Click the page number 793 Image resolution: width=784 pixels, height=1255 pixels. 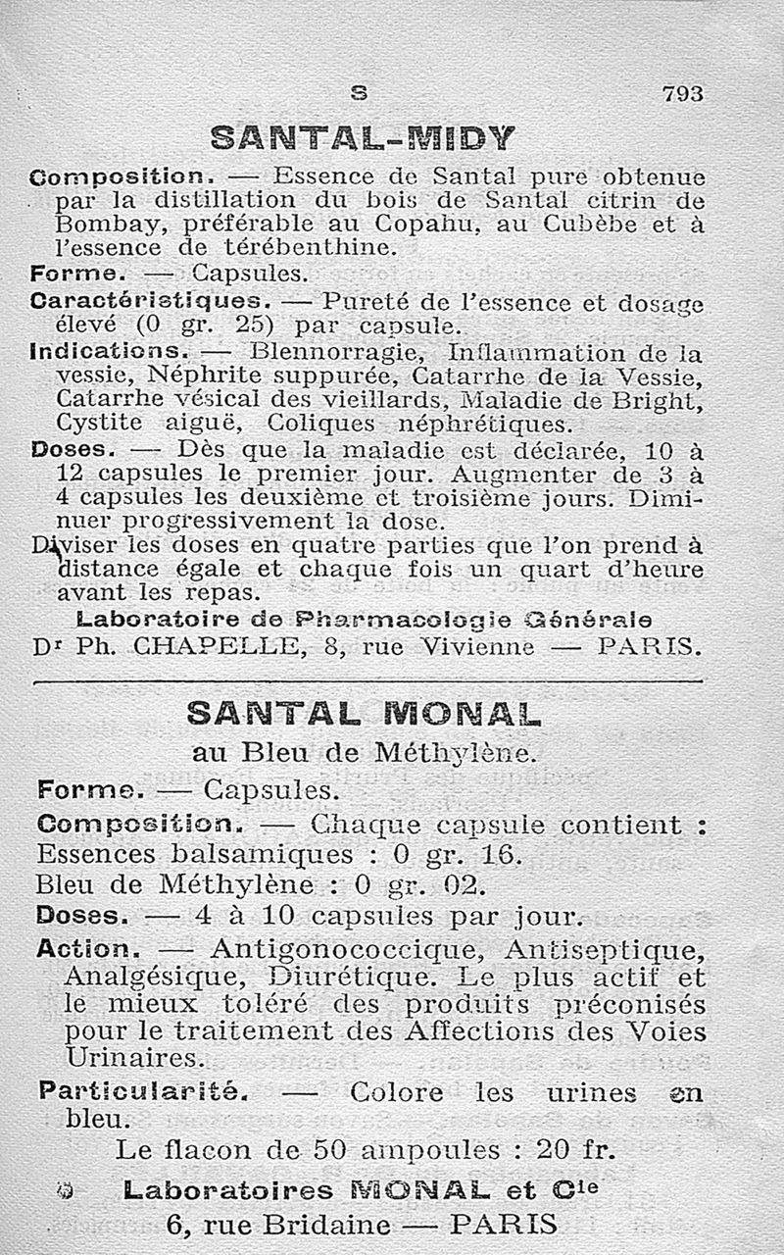click(683, 93)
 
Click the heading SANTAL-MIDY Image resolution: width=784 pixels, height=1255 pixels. click(363, 138)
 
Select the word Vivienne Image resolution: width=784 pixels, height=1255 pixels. click(474, 647)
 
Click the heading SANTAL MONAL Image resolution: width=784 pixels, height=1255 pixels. click(364, 715)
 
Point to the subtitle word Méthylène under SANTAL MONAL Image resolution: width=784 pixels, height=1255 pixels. click(455, 753)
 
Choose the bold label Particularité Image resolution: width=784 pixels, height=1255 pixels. click(142, 1090)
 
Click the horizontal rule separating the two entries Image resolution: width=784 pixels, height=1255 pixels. click(367, 680)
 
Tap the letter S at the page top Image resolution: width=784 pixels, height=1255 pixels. click(360, 93)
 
